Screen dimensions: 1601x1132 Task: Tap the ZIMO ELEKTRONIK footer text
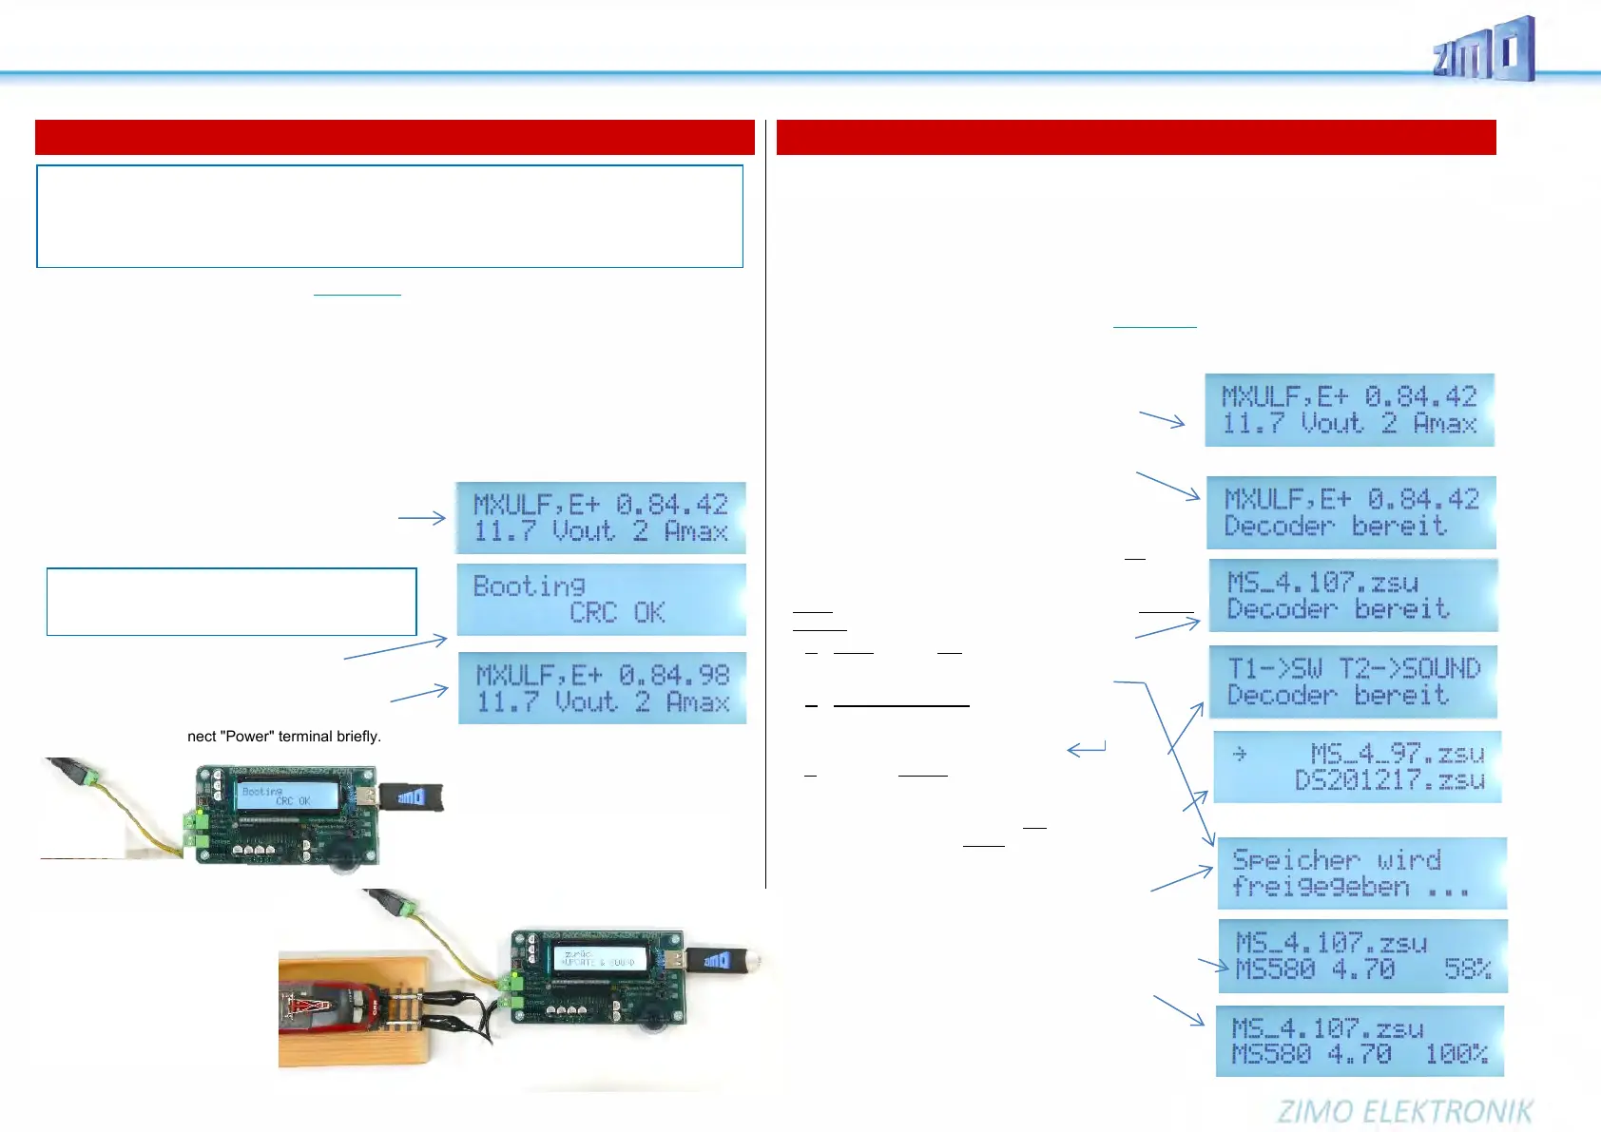(1404, 1111)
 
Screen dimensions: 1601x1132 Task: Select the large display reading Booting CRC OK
(601, 600)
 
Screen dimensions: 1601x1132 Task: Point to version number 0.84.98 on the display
(674, 676)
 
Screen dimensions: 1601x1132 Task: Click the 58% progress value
(1467, 969)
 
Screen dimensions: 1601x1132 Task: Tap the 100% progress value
(1456, 1054)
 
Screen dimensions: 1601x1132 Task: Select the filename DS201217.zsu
(1389, 780)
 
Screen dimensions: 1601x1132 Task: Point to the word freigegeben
(1321, 887)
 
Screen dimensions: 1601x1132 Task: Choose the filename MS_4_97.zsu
(1397, 754)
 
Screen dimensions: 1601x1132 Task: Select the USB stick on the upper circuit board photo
(411, 796)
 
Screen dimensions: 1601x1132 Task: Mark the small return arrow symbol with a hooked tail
(1086, 750)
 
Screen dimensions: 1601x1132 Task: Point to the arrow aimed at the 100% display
(1179, 1009)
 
